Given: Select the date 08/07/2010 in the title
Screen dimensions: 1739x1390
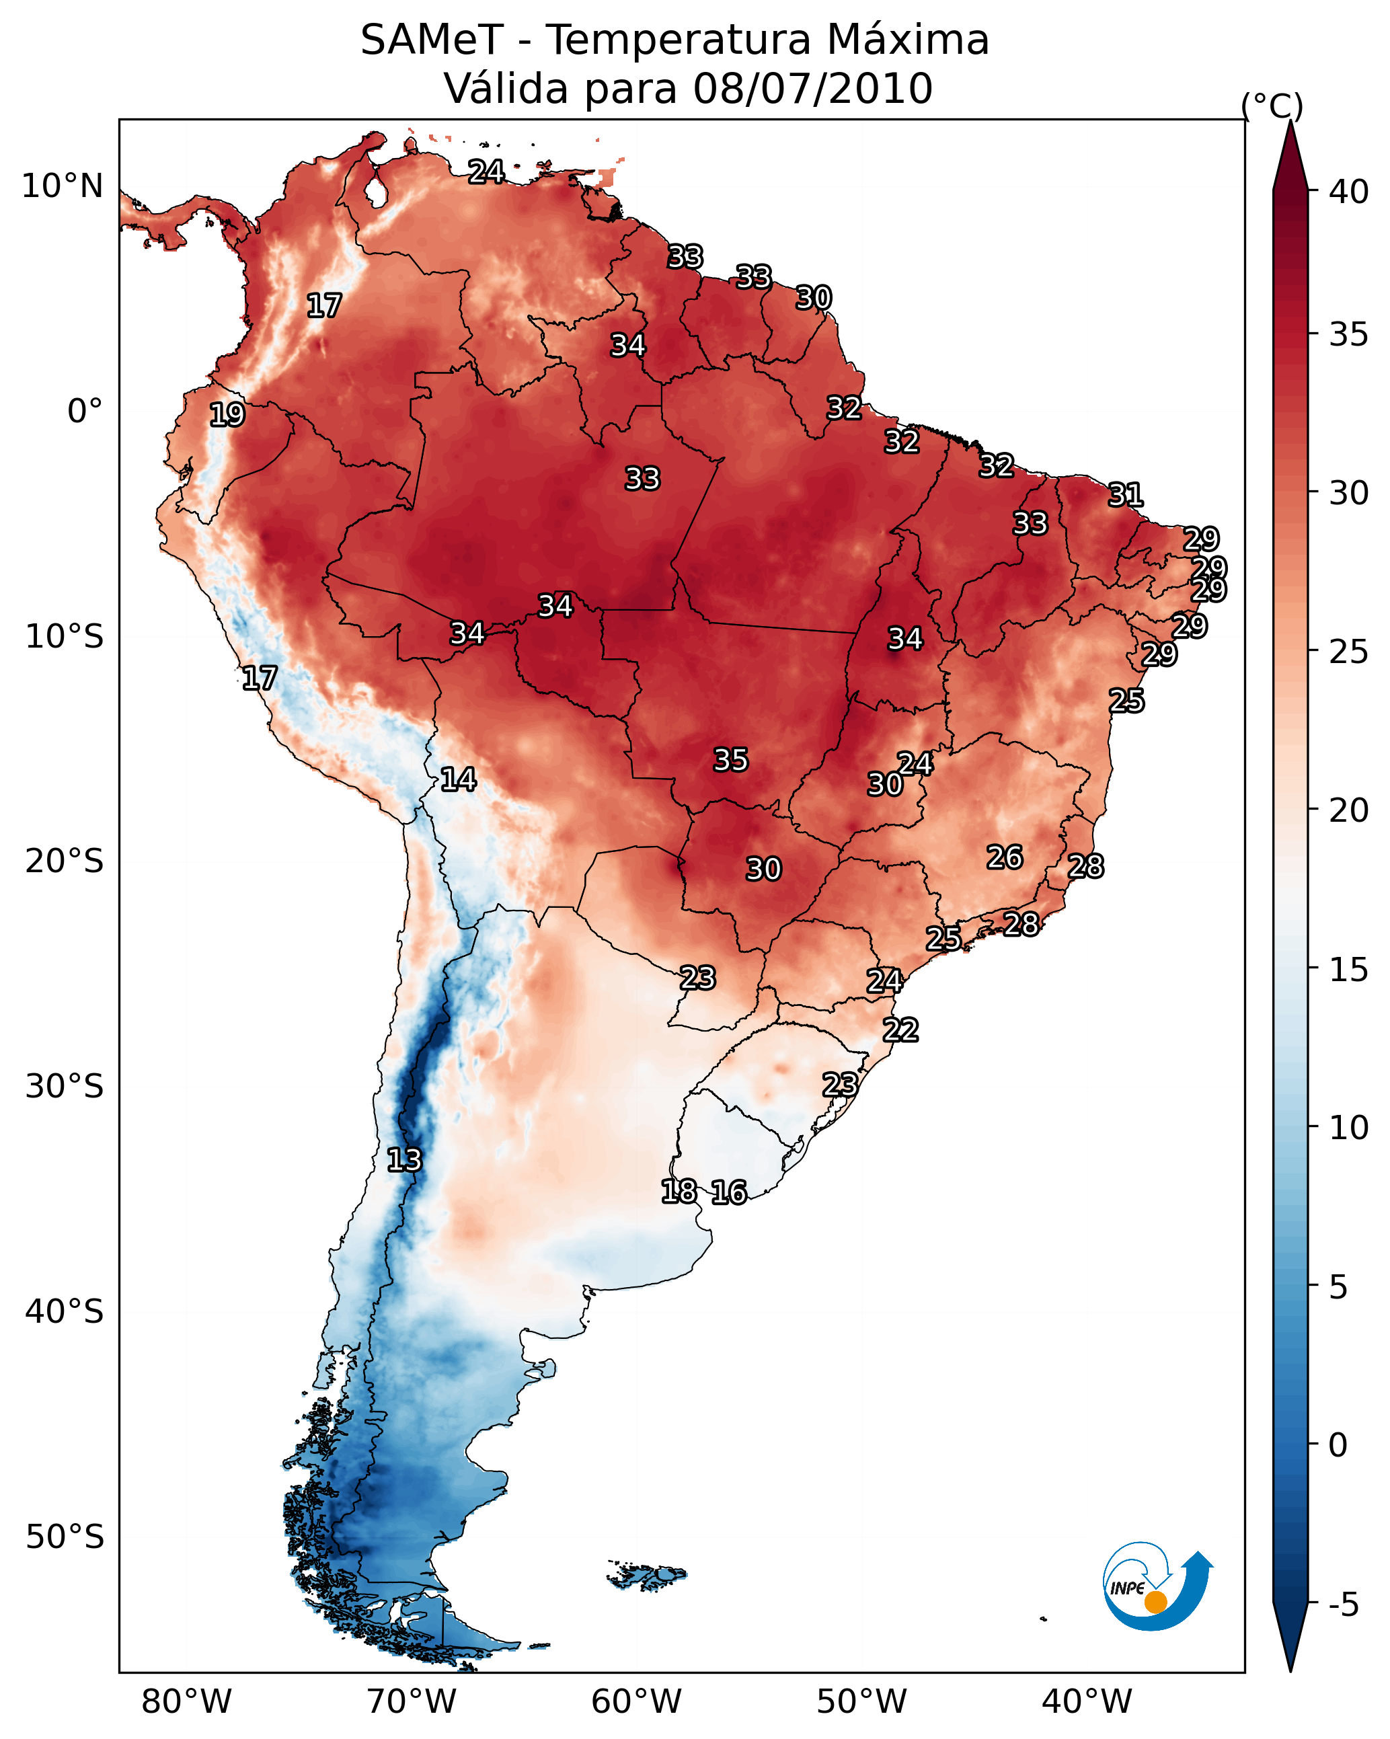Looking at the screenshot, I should (812, 89).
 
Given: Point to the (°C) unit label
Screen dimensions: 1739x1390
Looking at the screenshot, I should (1272, 106).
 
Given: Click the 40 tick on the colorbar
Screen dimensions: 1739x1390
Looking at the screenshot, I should (1348, 192).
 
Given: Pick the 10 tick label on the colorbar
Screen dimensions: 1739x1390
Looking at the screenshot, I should (1348, 1128).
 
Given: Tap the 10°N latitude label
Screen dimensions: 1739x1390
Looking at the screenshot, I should (62, 186).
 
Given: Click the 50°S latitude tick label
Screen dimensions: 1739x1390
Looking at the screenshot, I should (65, 1537).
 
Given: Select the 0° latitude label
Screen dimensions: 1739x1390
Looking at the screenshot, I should (85, 412).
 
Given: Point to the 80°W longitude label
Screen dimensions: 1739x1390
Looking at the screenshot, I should (186, 1701).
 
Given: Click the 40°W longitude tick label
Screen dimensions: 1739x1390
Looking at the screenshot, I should (1087, 1701).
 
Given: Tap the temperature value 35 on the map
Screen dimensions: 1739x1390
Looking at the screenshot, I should (731, 760).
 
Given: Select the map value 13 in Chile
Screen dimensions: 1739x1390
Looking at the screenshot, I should (404, 1160).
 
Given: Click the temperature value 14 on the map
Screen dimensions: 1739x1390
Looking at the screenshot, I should (458, 779).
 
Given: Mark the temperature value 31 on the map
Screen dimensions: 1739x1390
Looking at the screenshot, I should (1126, 494).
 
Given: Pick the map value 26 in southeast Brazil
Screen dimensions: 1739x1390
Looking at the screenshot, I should (1005, 857).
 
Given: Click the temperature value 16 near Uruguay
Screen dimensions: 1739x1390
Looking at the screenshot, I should (729, 1192).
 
